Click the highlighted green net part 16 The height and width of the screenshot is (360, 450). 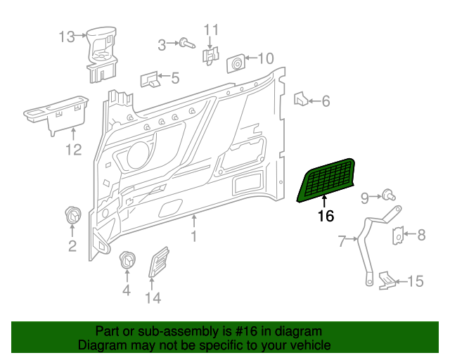pos(326,180)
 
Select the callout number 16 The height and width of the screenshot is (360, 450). pos(326,217)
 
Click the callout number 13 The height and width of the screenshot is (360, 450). pos(66,37)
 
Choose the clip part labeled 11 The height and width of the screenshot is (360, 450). pos(210,55)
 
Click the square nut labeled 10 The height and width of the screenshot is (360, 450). pos(235,64)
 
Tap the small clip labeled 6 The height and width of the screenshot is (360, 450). pos(299,99)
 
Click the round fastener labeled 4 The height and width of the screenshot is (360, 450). pos(127,259)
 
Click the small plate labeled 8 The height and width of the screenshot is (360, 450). pos(398,236)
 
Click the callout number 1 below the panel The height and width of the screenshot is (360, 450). pos(193,238)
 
